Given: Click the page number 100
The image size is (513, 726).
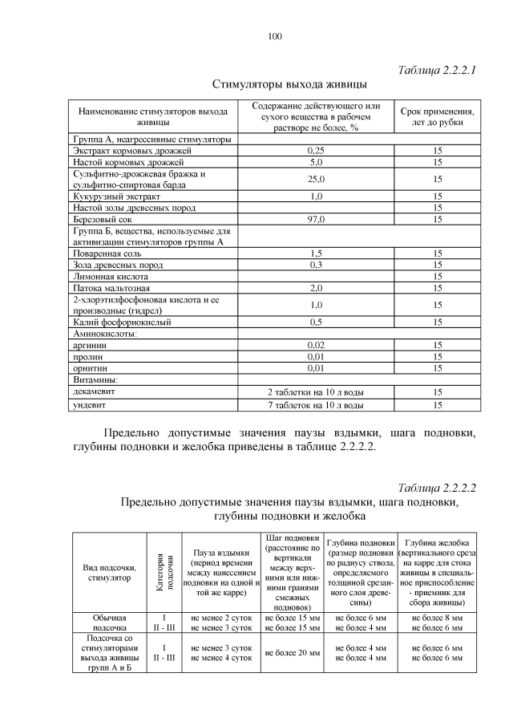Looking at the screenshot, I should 275,36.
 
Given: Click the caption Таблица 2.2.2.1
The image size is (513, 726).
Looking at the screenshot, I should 437,70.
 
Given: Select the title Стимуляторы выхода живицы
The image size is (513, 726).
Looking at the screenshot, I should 289,84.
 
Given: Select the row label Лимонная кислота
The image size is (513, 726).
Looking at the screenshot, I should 109,275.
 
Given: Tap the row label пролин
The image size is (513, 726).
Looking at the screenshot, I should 87,356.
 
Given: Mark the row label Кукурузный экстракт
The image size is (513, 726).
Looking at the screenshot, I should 116,195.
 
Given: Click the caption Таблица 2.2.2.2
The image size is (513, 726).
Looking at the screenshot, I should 437,487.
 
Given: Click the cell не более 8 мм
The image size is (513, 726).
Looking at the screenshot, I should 437,618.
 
